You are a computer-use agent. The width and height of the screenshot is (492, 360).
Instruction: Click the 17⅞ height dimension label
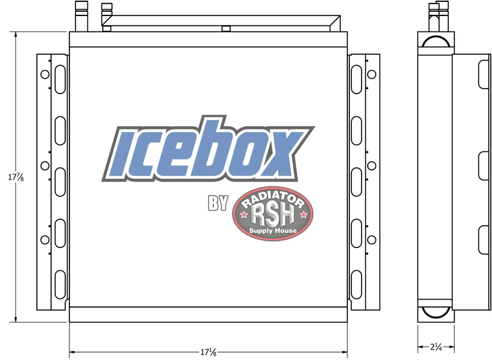click(16, 177)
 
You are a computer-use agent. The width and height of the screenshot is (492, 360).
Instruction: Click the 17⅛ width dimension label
click(208, 352)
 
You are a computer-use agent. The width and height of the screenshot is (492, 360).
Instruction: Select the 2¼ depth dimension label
click(436, 347)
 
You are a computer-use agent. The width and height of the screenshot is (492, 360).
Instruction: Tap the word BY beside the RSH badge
click(218, 203)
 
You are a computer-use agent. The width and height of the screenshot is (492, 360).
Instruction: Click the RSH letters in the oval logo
click(272, 215)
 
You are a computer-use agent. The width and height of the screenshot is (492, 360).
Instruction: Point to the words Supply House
click(272, 231)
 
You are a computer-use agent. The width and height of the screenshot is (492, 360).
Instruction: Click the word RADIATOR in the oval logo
click(273, 199)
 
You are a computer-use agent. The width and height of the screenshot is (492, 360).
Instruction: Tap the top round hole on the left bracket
click(45, 74)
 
